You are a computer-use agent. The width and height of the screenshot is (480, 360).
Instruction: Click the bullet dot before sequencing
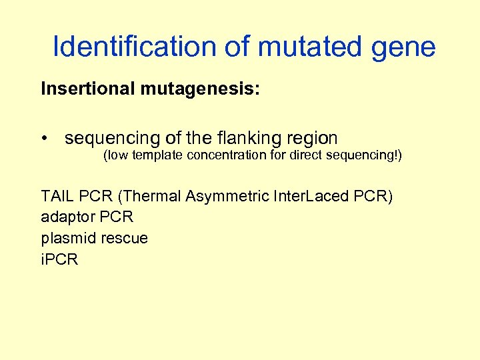(x=45, y=139)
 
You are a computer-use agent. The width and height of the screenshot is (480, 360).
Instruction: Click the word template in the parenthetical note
(x=158, y=156)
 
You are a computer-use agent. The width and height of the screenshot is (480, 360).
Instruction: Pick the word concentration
(x=230, y=156)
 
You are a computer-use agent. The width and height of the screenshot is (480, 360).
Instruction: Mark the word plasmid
(x=65, y=238)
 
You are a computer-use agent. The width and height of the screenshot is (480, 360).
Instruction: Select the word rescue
(x=123, y=238)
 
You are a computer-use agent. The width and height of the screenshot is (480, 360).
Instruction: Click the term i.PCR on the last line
(x=59, y=259)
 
